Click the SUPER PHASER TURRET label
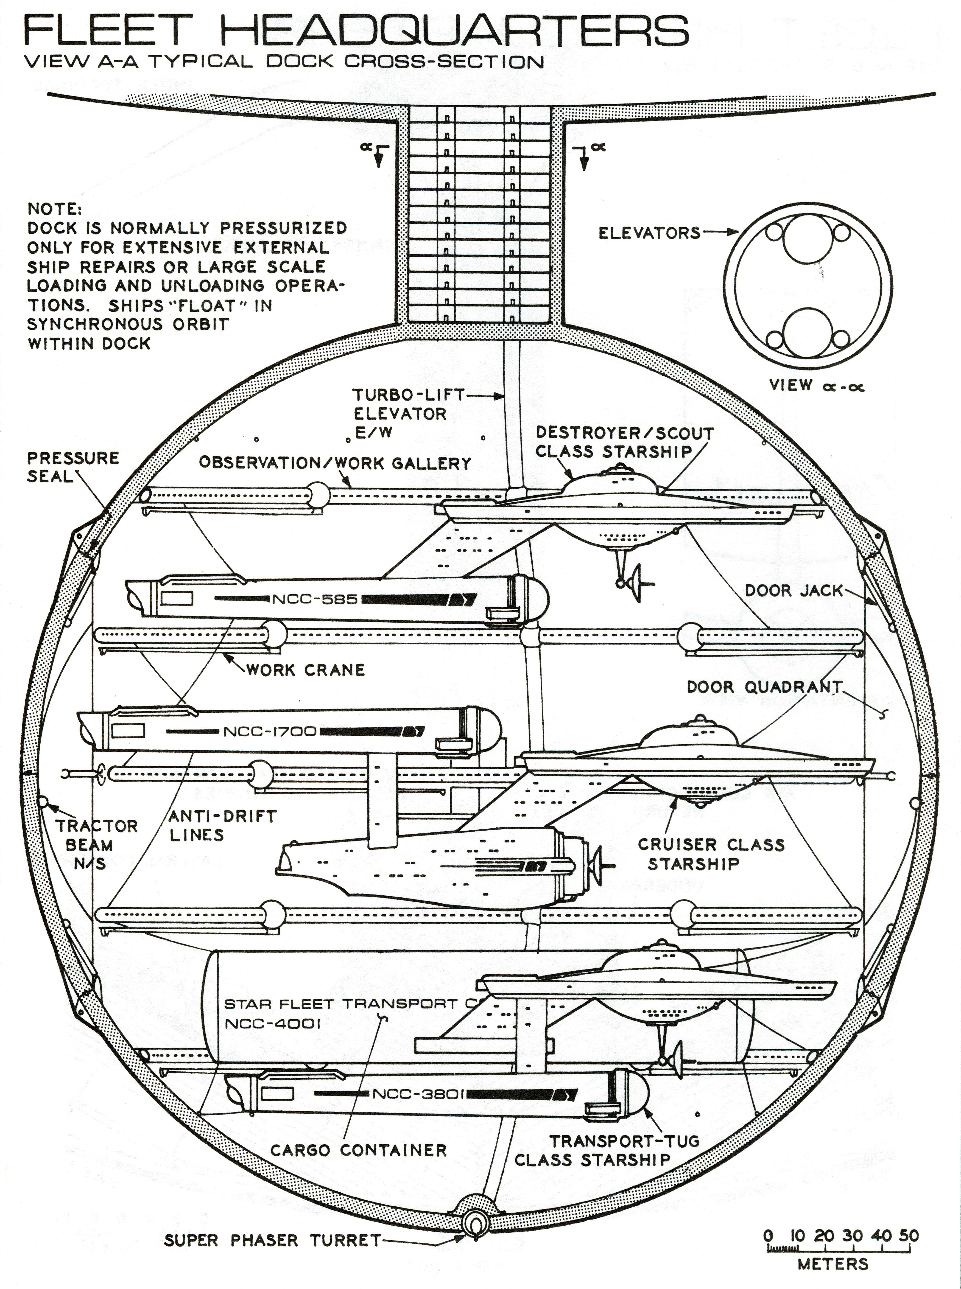click(272, 1240)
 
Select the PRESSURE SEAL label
click(73, 467)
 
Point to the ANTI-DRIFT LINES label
click(222, 825)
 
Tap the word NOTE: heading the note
click(55, 209)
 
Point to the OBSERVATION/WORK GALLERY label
click(335, 463)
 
